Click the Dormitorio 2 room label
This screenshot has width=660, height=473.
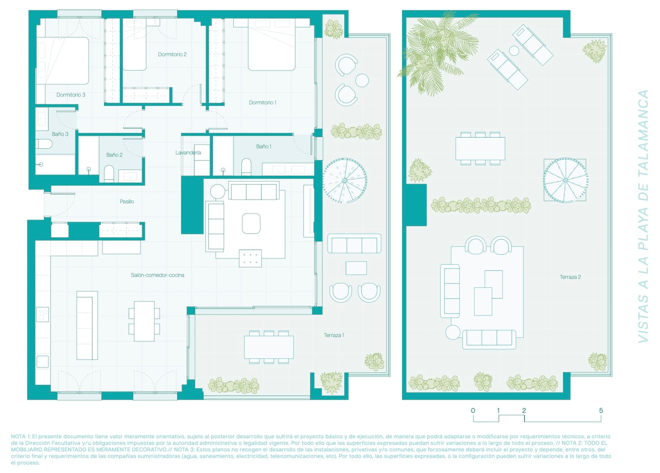coord(172,54)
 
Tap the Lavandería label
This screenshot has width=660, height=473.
coord(188,153)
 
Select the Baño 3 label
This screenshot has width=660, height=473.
coord(60,134)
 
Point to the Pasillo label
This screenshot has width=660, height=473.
coord(127,201)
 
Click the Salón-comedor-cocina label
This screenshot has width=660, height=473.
coord(157,275)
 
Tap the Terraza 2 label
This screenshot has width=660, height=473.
coord(570,277)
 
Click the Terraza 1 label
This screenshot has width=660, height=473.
coord(333,335)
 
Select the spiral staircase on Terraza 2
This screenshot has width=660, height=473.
coord(565,180)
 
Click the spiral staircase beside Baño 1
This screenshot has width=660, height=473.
coord(344,180)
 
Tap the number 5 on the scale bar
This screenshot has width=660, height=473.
coord(601,411)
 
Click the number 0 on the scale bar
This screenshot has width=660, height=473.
coord(473,411)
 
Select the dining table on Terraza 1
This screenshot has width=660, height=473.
coord(269,347)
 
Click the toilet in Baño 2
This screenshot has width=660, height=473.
coord(109,174)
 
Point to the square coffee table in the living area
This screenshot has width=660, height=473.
coord(251,223)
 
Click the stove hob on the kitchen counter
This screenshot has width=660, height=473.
coord(42,314)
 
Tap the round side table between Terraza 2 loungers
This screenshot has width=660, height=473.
coord(514,50)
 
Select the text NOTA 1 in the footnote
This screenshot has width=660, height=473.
coord(20,436)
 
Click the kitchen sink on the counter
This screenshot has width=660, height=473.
coord(42,362)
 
